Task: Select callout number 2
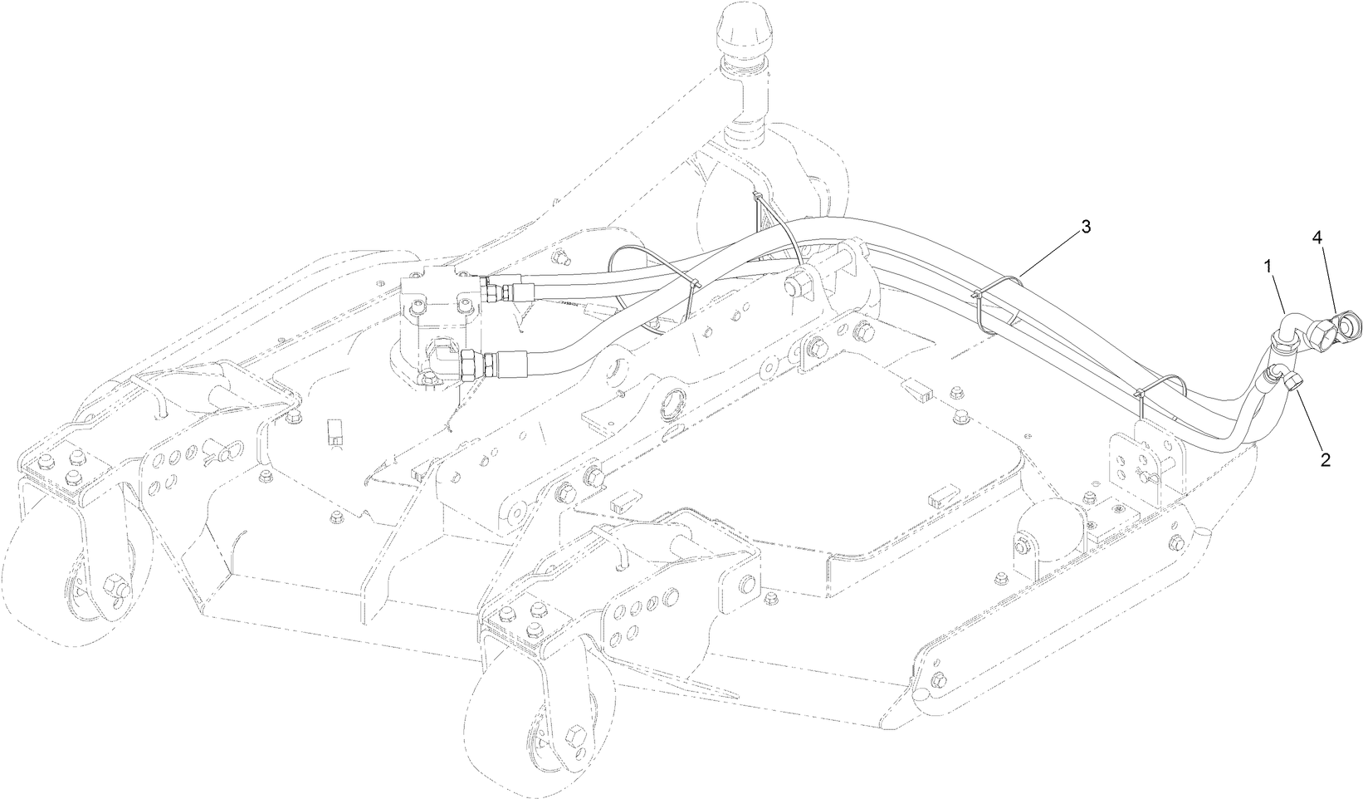[x=1325, y=459]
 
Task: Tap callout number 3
[x=1085, y=227]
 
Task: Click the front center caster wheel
[x=531, y=731]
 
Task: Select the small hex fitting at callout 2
[x=1292, y=383]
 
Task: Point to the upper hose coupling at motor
[x=502, y=292]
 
